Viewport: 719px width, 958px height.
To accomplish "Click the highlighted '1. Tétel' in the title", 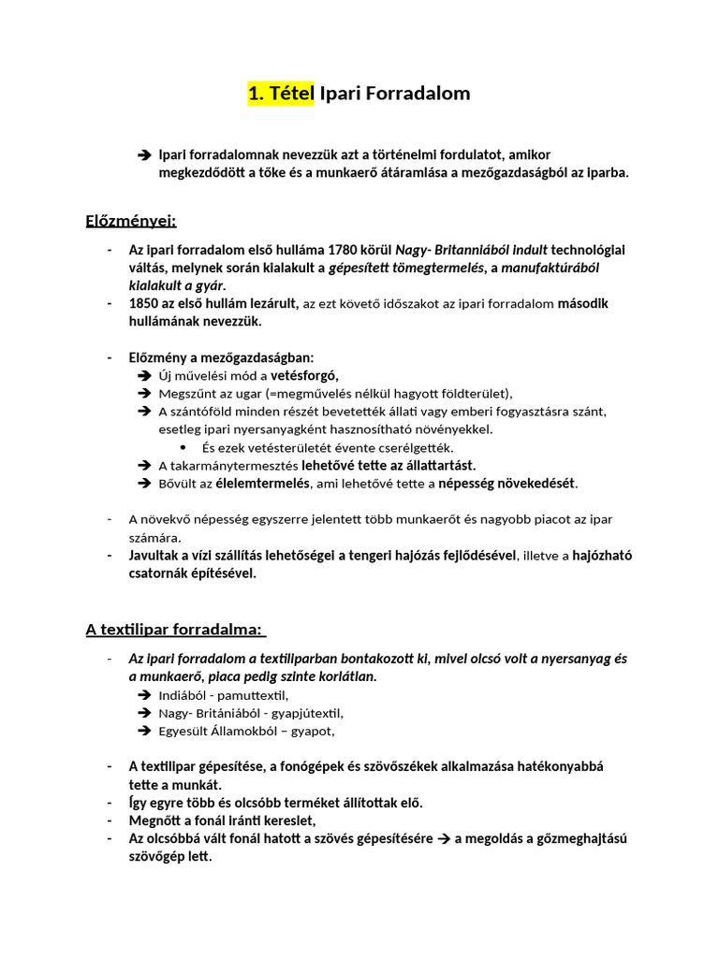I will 281,94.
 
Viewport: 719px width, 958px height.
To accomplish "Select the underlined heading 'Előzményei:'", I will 131,221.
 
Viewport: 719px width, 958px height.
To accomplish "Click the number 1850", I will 147,303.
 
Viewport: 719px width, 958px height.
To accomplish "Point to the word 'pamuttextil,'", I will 255,695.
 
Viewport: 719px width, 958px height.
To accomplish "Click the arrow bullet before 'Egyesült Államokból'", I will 144,731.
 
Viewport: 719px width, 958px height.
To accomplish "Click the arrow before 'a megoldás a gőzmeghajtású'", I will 444,838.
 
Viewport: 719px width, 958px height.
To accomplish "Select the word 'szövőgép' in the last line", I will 156,856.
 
